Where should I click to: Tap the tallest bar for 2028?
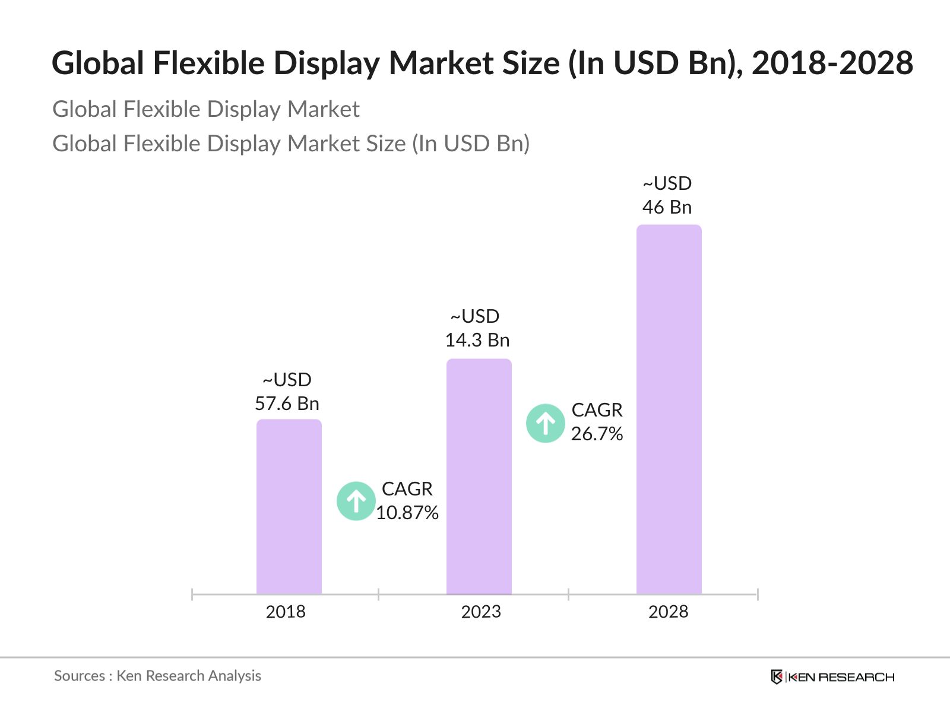pyautogui.click(x=669, y=409)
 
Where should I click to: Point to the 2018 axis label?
pyautogui.click(x=286, y=612)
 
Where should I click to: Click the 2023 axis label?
pyautogui.click(x=481, y=612)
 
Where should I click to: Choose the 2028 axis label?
pyautogui.click(x=668, y=612)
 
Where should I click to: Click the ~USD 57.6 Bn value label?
pyautogui.click(x=287, y=392)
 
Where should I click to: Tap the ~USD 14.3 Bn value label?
pyautogui.click(x=477, y=329)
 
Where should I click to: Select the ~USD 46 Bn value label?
pyautogui.click(x=667, y=196)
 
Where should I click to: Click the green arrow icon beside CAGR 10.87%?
pyautogui.click(x=356, y=501)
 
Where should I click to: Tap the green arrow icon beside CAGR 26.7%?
pyautogui.click(x=545, y=424)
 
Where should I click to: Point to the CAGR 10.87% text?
pyautogui.click(x=407, y=501)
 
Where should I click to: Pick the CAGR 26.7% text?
pyautogui.click(x=597, y=422)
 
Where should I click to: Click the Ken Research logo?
pyautogui.click(x=832, y=677)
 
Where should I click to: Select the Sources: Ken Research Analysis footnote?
pyautogui.click(x=158, y=676)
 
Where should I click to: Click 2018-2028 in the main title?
pyautogui.click(x=832, y=63)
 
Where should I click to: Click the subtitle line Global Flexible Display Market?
pyautogui.click(x=206, y=110)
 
